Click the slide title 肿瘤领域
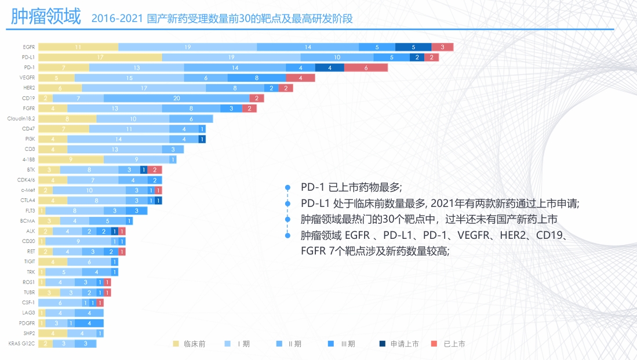(46, 17)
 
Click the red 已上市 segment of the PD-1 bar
(366, 67)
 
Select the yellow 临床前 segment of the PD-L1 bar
(100, 57)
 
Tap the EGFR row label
(29, 47)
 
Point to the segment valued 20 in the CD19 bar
(176, 98)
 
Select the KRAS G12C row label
(23, 344)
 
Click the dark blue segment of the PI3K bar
(202, 139)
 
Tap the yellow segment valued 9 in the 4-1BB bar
(71, 159)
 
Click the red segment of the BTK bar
(155, 170)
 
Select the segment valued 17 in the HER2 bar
(144, 88)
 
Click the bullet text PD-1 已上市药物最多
(350, 187)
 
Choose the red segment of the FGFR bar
(249, 108)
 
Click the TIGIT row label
(30, 261)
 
